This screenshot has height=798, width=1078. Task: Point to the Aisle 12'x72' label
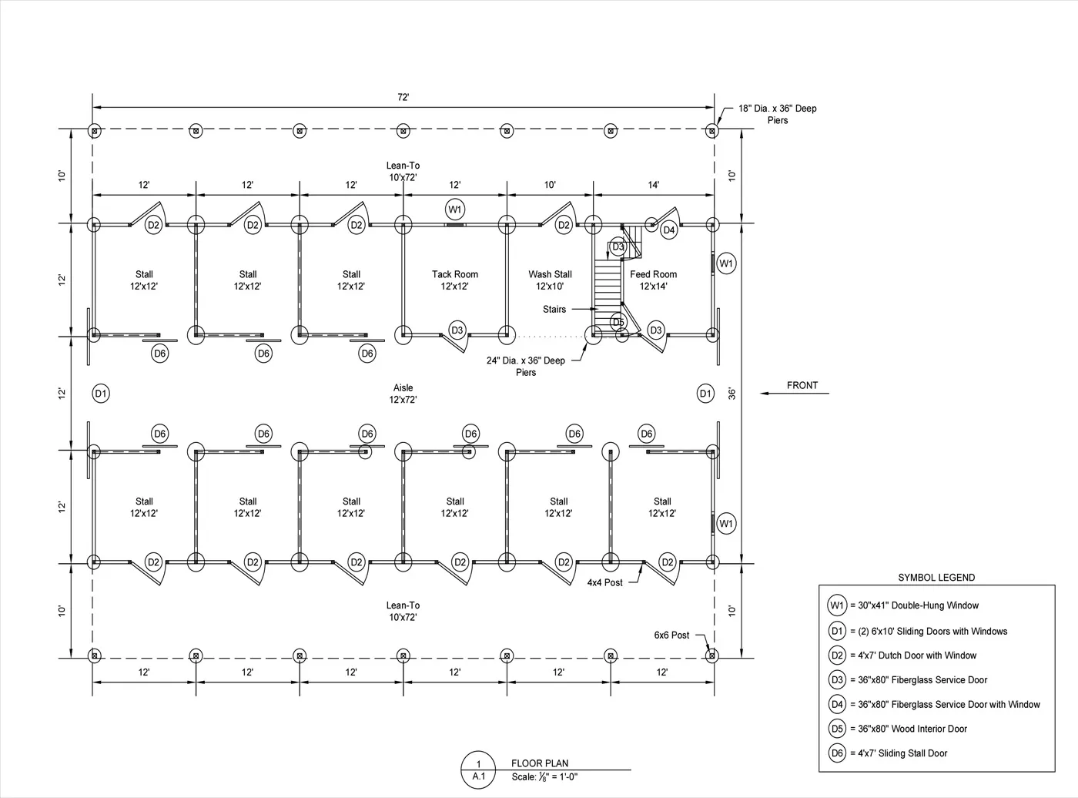click(x=403, y=394)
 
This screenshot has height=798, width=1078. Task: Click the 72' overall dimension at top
click(x=403, y=97)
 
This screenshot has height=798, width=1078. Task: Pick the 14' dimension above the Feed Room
click(x=653, y=185)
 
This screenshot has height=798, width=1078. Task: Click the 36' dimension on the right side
click(x=731, y=393)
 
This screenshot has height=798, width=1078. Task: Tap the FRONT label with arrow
click(x=802, y=385)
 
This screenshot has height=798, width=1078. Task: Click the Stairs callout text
click(x=554, y=309)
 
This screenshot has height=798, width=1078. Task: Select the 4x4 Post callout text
click(x=604, y=582)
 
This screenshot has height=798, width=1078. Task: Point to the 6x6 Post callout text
click(x=671, y=635)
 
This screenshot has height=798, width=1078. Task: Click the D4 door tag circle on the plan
click(x=668, y=230)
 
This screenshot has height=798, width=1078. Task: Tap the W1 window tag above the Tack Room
click(x=454, y=210)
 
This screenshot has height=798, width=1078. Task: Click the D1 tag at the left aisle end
click(x=101, y=394)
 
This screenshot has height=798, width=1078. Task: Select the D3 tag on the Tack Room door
click(x=457, y=330)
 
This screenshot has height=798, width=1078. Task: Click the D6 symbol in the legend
click(x=837, y=753)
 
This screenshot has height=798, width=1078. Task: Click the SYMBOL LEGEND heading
click(x=936, y=578)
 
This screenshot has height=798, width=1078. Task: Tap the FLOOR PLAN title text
click(x=539, y=763)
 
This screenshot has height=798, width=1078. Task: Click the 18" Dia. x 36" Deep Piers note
click(x=777, y=114)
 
